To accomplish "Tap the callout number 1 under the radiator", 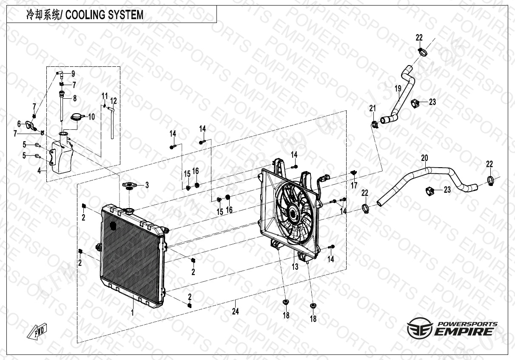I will [132, 313].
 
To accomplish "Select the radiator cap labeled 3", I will [131, 186].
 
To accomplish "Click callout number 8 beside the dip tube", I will [74, 98].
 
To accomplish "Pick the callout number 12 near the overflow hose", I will [113, 101].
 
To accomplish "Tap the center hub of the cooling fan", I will [293, 210].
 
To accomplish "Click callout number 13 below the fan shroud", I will [295, 267].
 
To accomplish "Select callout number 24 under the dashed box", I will [235, 311].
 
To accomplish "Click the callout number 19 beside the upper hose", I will [398, 89].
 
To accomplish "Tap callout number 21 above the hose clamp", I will [373, 108].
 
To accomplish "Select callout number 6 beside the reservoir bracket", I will [19, 124].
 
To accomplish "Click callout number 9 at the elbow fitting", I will [73, 73].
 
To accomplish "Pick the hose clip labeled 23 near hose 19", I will [415, 102].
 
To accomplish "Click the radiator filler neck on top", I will [128, 211].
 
